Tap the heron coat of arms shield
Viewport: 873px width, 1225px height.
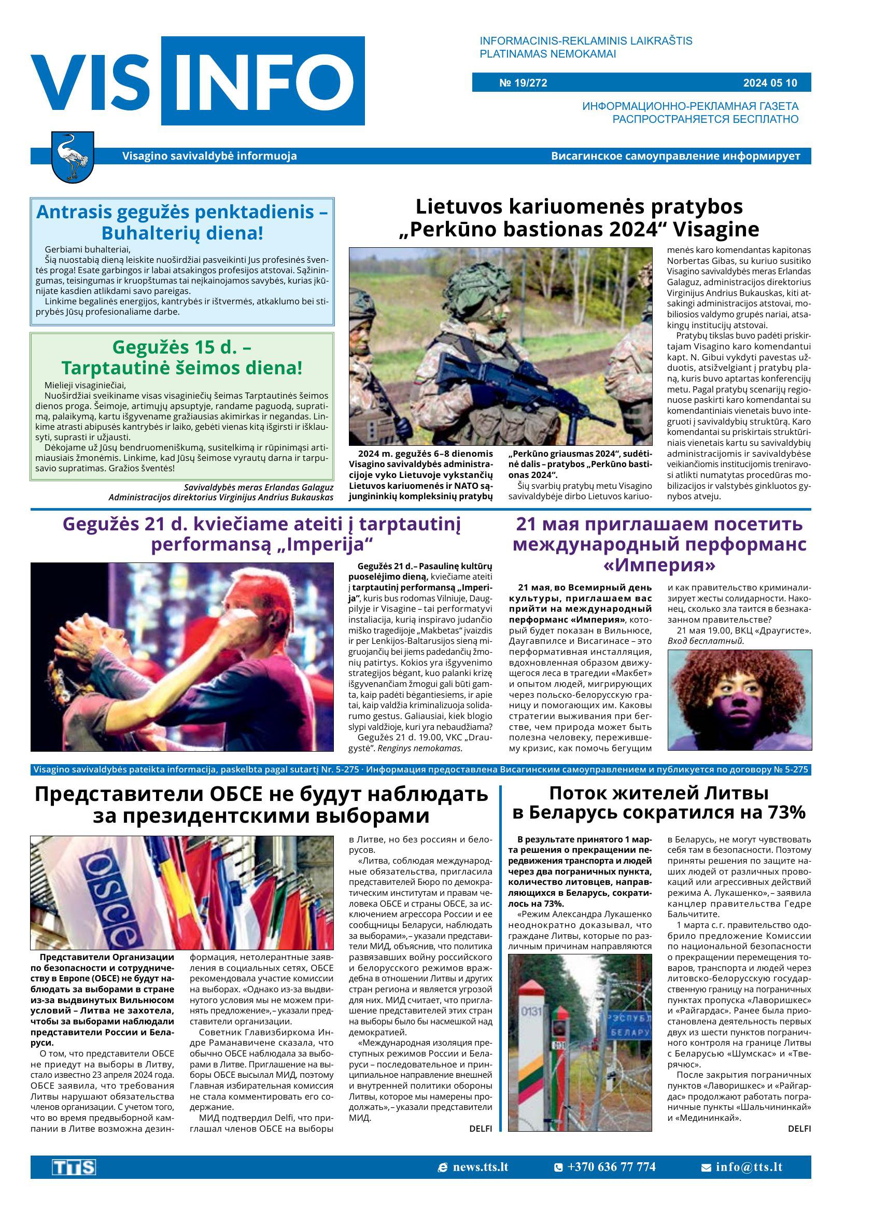coord(72,158)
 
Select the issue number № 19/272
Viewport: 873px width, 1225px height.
coord(523,83)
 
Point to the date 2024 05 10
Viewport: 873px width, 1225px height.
coord(770,83)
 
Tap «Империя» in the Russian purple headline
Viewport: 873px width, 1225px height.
coord(658,565)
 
